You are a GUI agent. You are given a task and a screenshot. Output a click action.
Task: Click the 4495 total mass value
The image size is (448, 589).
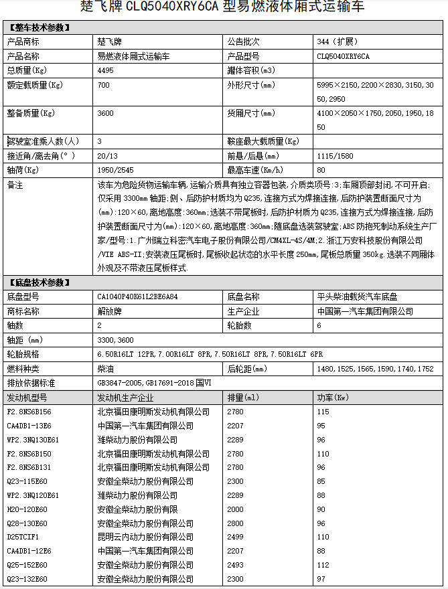point(105,70)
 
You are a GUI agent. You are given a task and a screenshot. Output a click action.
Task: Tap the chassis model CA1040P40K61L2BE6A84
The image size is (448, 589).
point(139,297)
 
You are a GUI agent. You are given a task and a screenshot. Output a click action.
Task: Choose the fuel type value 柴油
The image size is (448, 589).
point(105,369)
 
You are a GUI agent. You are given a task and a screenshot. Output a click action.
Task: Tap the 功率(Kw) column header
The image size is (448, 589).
point(333,398)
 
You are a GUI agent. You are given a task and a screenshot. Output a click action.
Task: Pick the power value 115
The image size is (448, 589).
point(323,411)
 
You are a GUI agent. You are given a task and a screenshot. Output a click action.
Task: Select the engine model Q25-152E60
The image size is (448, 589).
point(27,564)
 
